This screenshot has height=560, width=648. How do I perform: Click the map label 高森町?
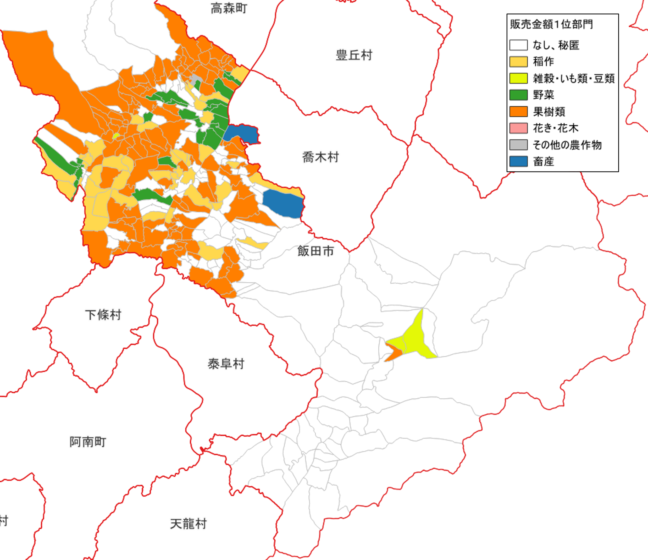(x=229, y=8)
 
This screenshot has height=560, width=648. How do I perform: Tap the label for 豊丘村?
(x=354, y=55)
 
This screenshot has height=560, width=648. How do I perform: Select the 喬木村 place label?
(x=320, y=157)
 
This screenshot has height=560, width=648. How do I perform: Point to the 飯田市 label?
(x=315, y=251)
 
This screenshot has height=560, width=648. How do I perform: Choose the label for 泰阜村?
(x=226, y=364)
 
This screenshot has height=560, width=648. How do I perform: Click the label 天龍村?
(x=188, y=524)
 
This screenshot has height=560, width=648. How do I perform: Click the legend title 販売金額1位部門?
(x=551, y=24)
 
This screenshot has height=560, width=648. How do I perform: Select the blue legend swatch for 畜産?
(x=518, y=161)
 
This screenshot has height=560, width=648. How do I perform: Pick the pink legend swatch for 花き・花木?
(x=518, y=128)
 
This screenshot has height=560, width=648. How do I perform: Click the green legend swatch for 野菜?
(x=518, y=95)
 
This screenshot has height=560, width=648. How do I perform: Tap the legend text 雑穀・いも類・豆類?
(x=574, y=78)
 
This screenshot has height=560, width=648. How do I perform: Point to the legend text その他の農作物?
(x=567, y=145)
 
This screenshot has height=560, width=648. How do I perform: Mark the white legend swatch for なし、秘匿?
(x=518, y=45)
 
